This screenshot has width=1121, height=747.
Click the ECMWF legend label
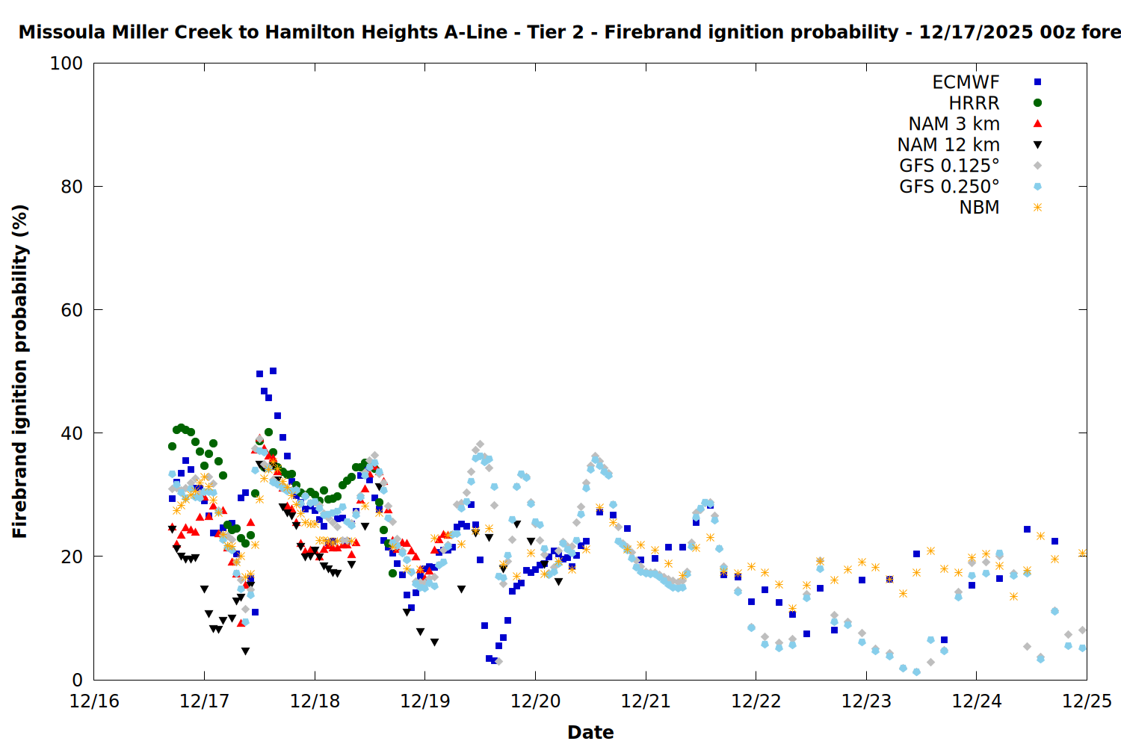click(966, 82)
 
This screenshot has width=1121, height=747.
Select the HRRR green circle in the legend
click(1037, 103)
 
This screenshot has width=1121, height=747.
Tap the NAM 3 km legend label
click(954, 124)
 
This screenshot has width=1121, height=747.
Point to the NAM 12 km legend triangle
click(1037, 145)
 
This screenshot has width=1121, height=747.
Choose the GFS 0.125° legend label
click(949, 166)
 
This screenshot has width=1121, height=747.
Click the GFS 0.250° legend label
click(949, 187)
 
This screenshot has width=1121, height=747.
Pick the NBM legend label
click(979, 208)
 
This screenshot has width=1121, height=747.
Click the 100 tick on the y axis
click(67, 63)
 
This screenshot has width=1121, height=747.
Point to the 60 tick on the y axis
click(71, 310)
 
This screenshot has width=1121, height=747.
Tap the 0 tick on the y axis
click(77, 680)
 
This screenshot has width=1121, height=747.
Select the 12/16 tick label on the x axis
click(94, 701)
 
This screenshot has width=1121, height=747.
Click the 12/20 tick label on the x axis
click(535, 701)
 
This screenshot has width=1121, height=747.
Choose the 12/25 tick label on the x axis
click(1087, 701)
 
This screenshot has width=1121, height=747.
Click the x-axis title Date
click(590, 732)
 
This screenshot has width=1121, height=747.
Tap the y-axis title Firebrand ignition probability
click(20, 371)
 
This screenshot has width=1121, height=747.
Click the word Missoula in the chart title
click(63, 33)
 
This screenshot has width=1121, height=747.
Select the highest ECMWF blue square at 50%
click(273, 371)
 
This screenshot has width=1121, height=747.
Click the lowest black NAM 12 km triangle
click(245, 651)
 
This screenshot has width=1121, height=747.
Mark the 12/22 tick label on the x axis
click(756, 701)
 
